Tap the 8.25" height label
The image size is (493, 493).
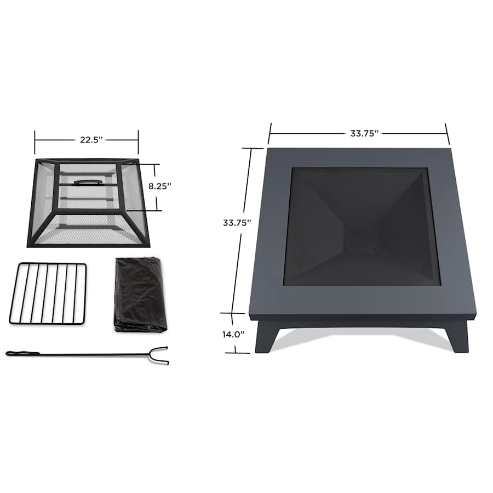click(160, 186)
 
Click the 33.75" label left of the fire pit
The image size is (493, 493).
click(237, 223)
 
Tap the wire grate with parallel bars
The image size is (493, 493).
click(48, 294)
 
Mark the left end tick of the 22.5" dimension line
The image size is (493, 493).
click(35, 142)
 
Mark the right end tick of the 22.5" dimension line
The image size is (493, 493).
click(138, 142)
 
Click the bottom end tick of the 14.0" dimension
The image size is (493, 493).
click(234, 352)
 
